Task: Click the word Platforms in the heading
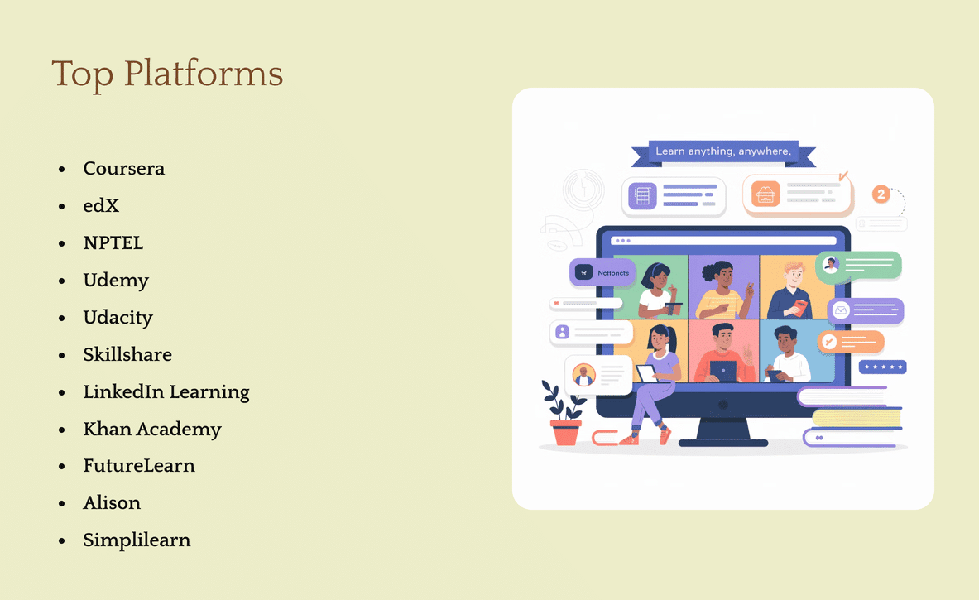204,74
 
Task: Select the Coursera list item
123,169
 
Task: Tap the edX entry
101,206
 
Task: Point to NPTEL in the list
113,243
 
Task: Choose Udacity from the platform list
118,318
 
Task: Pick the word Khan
106,429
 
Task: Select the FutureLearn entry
139,466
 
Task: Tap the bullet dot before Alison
62,503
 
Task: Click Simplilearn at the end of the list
137,540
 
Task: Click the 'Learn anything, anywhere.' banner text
723,151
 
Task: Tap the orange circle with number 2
881,194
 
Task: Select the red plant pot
566,433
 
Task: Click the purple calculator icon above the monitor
642,196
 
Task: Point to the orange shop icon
765,194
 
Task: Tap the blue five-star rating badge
882,367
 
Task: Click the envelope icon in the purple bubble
841,311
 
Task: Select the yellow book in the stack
857,418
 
